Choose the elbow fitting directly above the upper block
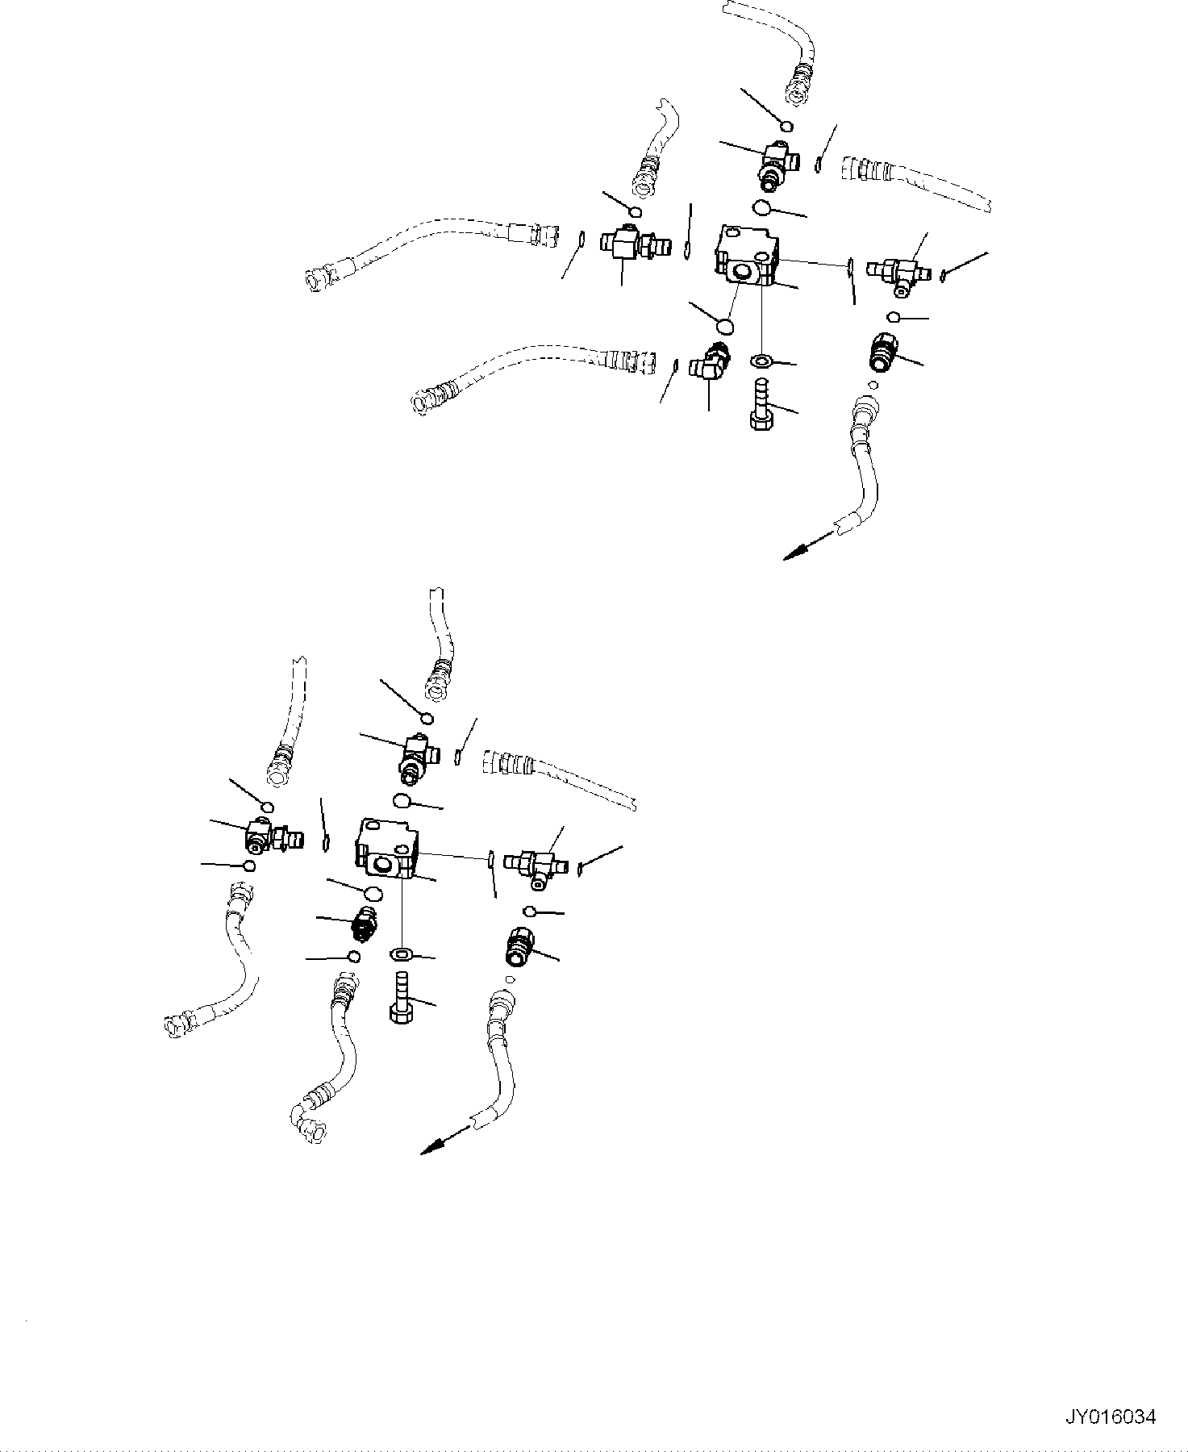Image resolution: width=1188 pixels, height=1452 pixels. click(x=777, y=163)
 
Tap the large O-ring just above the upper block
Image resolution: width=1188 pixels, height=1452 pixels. click(x=761, y=209)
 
